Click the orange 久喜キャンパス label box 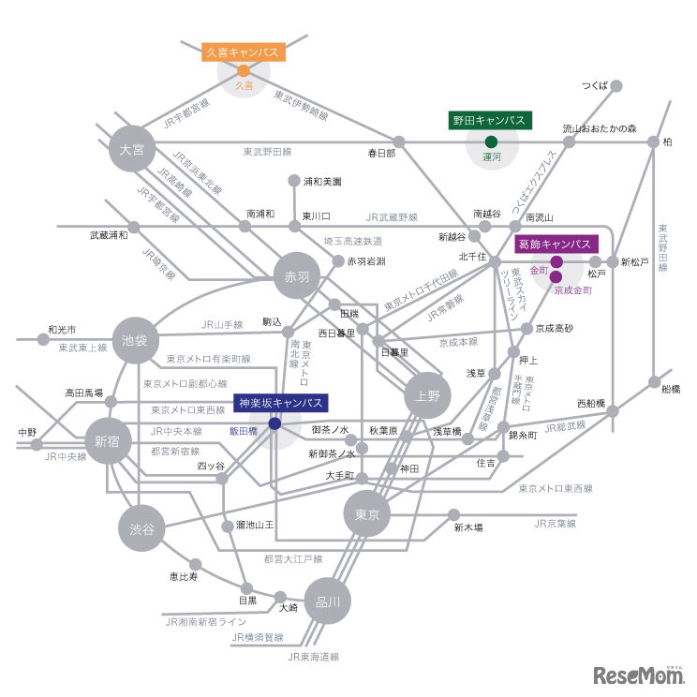click(244, 52)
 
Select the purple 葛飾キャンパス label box click(560, 244)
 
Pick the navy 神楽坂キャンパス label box click(280, 403)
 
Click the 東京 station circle click(366, 514)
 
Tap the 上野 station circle click(427, 396)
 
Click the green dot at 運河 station click(491, 141)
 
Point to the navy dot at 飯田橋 click(274, 423)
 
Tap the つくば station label click(595, 85)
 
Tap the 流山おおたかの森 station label click(600, 127)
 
